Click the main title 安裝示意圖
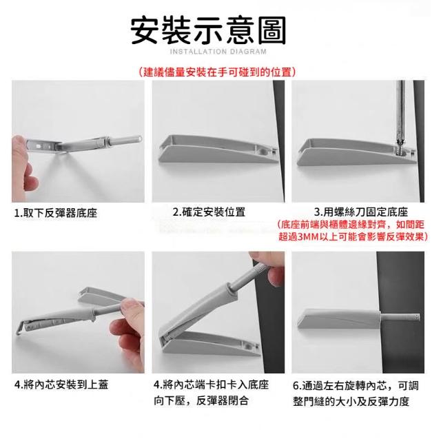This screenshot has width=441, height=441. coord(208,30)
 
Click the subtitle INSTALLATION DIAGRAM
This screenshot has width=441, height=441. coord(218,52)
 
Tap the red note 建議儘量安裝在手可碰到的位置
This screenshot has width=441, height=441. coord(218,72)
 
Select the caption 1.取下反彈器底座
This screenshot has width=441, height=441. coord(56,213)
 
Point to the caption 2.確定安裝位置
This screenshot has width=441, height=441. coord(209,212)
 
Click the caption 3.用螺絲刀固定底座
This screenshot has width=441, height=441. coord(361,212)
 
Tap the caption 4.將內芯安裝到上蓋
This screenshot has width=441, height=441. coord(61,384)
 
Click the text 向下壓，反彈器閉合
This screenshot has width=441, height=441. coord(201,400)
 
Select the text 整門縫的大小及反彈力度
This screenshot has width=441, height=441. coord(351,401)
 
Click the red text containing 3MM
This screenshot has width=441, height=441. coord(353,236)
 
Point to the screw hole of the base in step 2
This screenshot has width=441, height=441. coord(263,152)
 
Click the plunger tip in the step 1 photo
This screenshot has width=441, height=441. coord(139,138)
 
